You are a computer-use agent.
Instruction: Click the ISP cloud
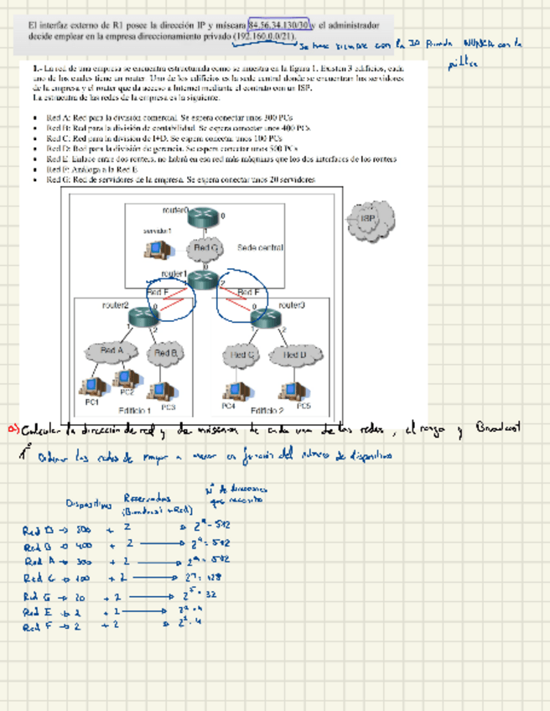coord(366,220)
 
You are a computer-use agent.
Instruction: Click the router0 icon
coord(202,216)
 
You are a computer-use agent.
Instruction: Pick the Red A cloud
coord(112,351)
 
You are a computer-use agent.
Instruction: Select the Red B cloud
coord(165,354)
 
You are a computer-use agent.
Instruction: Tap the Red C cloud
coord(243,355)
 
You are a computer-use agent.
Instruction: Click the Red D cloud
coord(294,355)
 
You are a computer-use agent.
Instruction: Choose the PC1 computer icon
coord(89,387)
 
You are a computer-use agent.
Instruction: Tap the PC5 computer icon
coord(294,390)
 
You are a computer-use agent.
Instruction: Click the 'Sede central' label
coord(260,248)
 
